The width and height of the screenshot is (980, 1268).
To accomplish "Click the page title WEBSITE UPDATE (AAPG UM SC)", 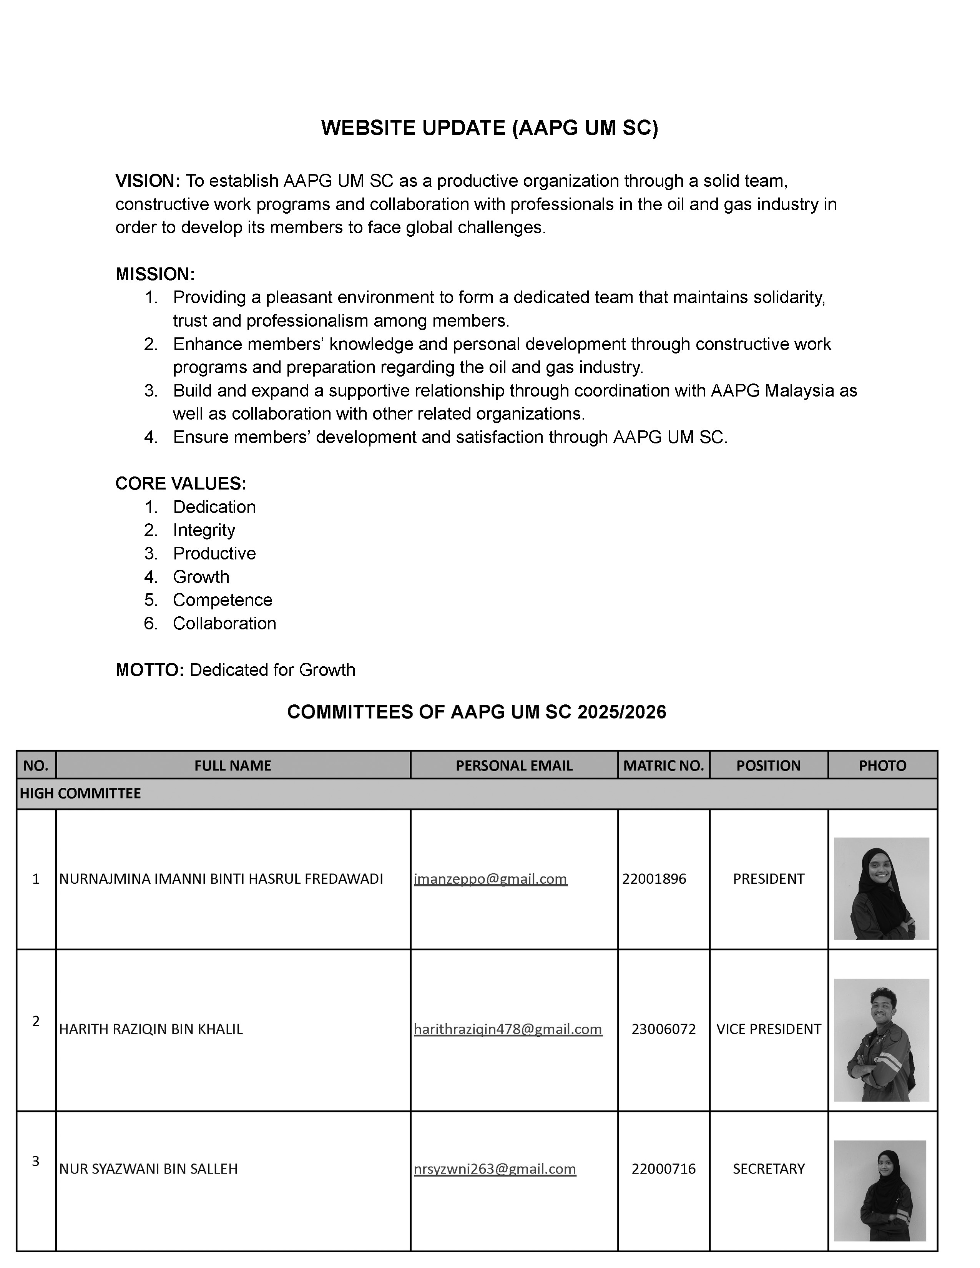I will (x=489, y=128).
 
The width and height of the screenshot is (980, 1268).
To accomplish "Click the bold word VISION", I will (x=148, y=181).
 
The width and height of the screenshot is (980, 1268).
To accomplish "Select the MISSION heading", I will (x=155, y=274).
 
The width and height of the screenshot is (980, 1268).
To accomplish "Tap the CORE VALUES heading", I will (x=181, y=484).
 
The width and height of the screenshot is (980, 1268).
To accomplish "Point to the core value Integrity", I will (x=204, y=530).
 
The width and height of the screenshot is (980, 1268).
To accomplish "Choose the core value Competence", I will (x=223, y=600).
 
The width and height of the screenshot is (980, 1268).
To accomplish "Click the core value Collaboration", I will (x=224, y=623).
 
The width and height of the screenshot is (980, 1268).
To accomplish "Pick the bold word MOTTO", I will (x=149, y=670).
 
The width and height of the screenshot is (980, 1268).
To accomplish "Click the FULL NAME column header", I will (x=233, y=765).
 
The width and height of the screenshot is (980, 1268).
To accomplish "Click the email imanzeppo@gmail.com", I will (x=490, y=879).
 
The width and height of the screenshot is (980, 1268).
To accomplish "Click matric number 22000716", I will (x=663, y=1169).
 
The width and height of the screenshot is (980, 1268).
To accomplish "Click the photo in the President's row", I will (x=881, y=888).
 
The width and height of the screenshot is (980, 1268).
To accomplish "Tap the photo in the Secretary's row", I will (x=880, y=1190).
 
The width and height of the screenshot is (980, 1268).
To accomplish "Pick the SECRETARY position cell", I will (x=768, y=1169).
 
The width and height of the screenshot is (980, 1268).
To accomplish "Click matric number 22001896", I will (x=654, y=879).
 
